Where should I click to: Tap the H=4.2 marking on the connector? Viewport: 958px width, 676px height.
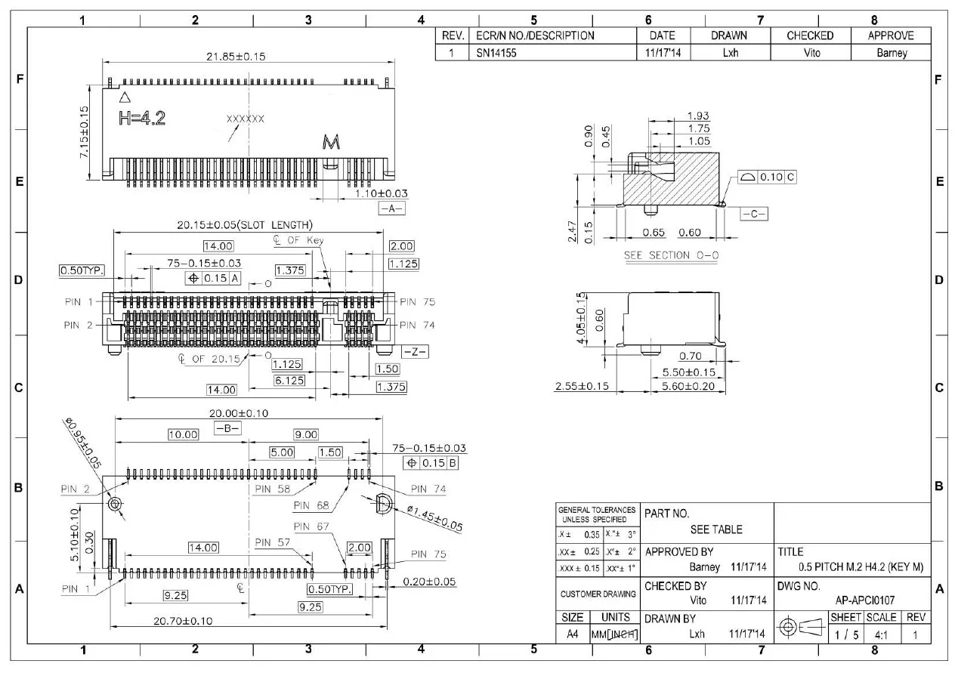142,118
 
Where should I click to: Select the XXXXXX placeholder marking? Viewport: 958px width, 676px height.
246,119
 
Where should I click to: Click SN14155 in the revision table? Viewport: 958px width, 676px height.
494,53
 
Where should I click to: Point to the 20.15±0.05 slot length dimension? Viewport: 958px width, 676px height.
245,225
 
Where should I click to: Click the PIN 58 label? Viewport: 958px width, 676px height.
273,489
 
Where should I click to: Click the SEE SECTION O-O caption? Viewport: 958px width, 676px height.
671,255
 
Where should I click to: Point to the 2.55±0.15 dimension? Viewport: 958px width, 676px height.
582,386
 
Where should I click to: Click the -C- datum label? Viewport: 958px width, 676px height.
754,214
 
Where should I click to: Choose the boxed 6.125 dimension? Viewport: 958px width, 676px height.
289,380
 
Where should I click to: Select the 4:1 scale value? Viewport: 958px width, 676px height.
880,634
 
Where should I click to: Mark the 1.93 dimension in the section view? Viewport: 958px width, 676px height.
698,116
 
